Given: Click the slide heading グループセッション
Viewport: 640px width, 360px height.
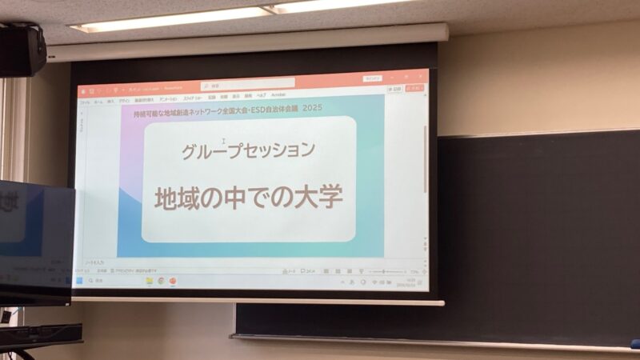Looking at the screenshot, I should click(248, 150).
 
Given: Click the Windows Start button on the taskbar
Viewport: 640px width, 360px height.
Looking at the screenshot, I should click(79, 281).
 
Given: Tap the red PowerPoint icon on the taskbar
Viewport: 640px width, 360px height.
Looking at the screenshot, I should click(173, 281).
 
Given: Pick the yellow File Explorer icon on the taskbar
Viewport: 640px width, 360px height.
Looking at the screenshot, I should click(150, 281).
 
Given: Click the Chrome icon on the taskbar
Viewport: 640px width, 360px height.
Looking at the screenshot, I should click(161, 281).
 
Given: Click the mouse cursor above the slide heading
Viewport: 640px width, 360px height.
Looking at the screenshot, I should click(223, 142).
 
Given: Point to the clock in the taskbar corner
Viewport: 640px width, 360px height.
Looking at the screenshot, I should click(410, 282).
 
